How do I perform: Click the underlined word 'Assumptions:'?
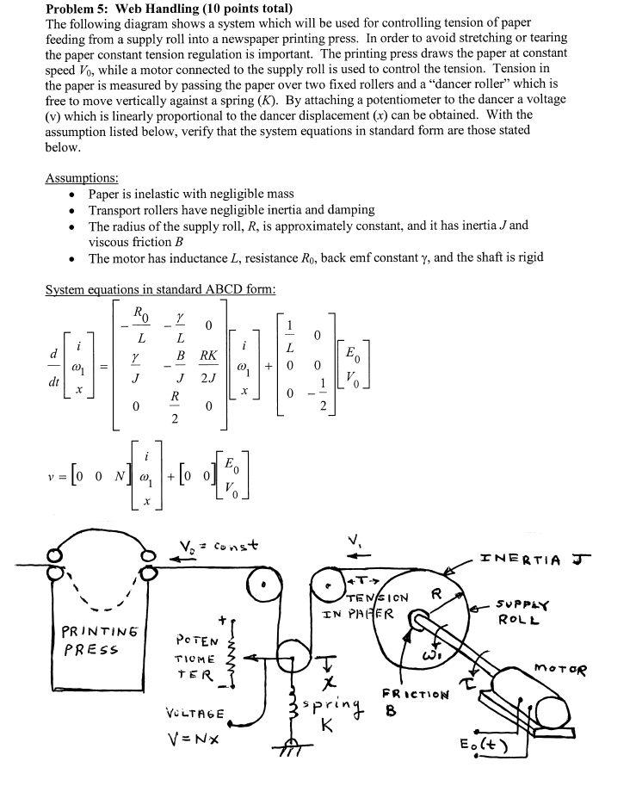[x=81, y=178]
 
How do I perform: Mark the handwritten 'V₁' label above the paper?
[x=354, y=544]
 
